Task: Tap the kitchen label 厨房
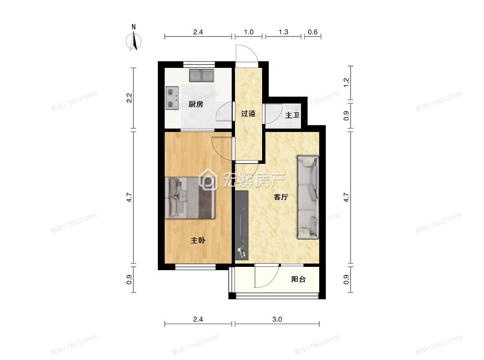[x=196, y=104]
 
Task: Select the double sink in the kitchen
[x=202, y=75]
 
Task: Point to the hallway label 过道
[x=248, y=113]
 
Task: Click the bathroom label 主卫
[x=292, y=115]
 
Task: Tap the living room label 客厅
[x=280, y=197]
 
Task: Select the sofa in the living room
[x=308, y=198]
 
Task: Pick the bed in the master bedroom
[x=191, y=198]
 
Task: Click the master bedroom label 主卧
[x=198, y=241]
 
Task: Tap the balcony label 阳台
[x=298, y=279]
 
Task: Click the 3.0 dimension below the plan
[x=277, y=320]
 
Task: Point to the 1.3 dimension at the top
[x=283, y=32]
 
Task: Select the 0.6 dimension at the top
[x=312, y=32]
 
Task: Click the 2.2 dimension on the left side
[x=130, y=98]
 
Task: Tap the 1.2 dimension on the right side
[x=346, y=82]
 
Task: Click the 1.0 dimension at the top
[x=249, y=32]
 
